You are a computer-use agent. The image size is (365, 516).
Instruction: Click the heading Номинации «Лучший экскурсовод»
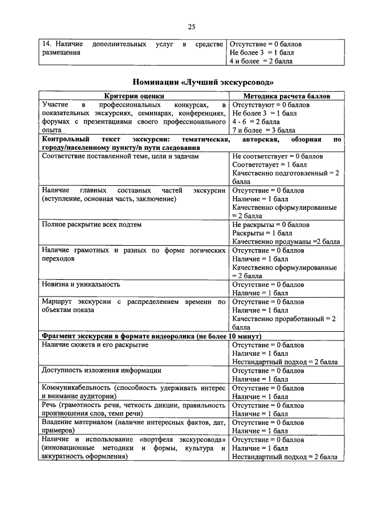point(191,81)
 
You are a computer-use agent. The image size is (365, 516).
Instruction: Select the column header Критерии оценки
point(134,97)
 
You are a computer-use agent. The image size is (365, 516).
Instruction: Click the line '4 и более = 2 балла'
point(261,60)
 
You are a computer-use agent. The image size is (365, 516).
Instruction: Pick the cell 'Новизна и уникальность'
point(80,284)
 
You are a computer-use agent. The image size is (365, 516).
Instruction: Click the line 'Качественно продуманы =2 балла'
point(286,242)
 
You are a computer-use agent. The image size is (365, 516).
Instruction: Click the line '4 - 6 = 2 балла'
point(256,121)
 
